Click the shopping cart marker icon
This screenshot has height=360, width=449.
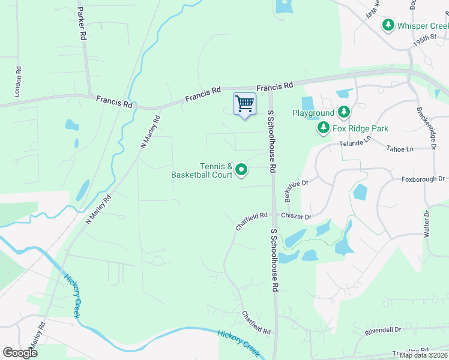click(244, 104)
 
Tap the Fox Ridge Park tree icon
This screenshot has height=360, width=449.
click(323, 128)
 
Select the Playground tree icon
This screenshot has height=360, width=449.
click(343, 112)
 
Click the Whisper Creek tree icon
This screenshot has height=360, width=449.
click(389, 25)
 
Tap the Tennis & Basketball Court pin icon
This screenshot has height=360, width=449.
click(241, 170)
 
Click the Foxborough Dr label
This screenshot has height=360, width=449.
click(423, 179)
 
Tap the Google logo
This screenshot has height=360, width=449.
click(20, 353)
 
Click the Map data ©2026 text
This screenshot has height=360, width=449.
click(423, 355)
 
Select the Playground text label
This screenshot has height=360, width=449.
click(313, 113)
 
